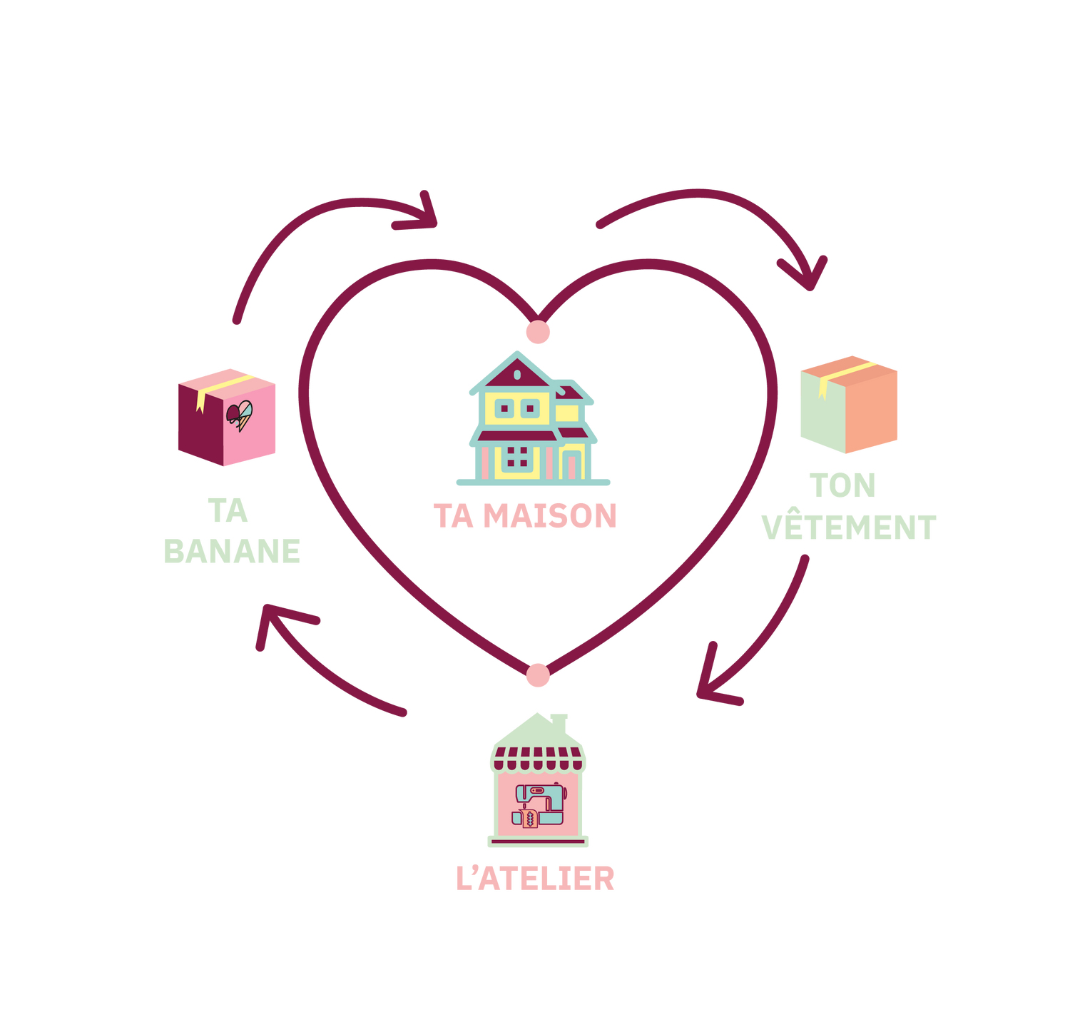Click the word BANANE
[x=233, y=550]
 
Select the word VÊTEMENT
[x=848, y=527]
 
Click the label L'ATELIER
[x=535, y=878]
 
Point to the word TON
[x=842, y=486]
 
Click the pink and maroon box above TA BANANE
[x=226, y=417]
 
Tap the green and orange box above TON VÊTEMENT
[x=848, y=405]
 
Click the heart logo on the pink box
[x=239, y=415]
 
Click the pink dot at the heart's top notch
[x=538, y=332]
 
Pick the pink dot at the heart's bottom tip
[x=538, y=675]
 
